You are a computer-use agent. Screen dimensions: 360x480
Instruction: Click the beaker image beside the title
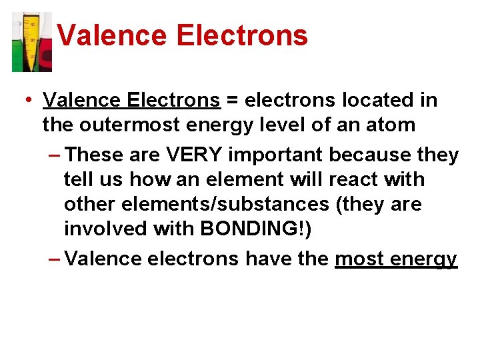31,41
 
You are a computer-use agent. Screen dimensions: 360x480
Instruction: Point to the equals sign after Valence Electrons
232,101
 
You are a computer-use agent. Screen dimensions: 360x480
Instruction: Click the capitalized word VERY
193,155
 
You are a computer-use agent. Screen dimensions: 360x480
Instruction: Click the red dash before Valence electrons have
55,259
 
